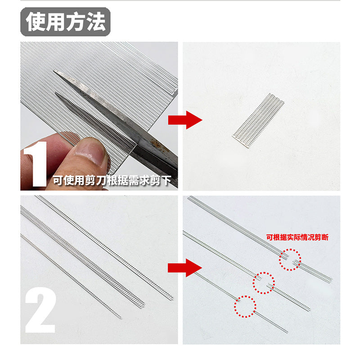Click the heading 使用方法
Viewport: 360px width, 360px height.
click(x=65, y=22)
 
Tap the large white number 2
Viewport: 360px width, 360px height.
click(x=40, y=310)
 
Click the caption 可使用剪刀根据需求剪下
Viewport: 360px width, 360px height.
click(x=112, y=181)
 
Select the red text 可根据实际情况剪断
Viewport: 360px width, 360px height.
click(x=297, y=237)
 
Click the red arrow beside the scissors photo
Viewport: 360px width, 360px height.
click(x=185, y=120)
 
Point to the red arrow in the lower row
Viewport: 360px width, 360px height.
click(x=185, y=268)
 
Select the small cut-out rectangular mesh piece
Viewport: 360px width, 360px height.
click(x=258, y=121)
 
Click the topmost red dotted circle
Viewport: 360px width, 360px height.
click(x=290, y=260)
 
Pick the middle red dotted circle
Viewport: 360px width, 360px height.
click(x=264, y=283)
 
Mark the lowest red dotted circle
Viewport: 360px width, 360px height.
click(x=245, y=306)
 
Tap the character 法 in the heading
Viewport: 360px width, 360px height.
click(x=96, y=22)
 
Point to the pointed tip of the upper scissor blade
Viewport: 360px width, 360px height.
click(x=54, y=72)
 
